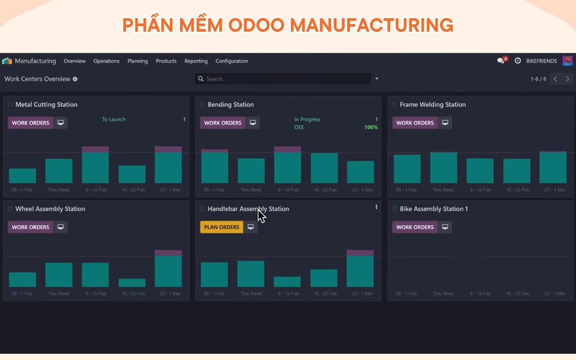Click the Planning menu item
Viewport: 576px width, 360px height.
(x=138, y=61)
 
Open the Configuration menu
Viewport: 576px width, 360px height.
(x=232, y=61)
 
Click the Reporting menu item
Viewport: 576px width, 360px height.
(x=196, y=61)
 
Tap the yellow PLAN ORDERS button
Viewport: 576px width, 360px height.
(x=222, y=227)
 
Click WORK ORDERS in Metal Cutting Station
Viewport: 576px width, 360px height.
(x=30, y=123)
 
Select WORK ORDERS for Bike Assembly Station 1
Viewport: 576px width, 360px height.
(x=415, y=227)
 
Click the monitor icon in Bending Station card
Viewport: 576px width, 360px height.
(x=253, y=123)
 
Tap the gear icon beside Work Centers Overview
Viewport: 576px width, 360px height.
(x=75, y=79)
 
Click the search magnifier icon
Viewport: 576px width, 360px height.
(x=201, y=79)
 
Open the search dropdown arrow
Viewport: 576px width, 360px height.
(x=377, y=79)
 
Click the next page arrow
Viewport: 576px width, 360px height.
(x=567, y=79)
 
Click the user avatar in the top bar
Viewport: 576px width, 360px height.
(x=567, y=60)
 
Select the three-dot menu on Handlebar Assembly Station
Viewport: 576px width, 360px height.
(x=376, y=207)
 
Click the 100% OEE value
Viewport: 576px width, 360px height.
(x=371, y=127)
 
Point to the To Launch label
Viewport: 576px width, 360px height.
(x=114, y=120)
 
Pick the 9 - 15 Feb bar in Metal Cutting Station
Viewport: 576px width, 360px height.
(x=96, y=165)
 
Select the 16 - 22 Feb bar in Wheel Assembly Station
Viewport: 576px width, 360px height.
(x=132, y=283)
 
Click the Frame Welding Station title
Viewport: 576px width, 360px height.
(x=433, y=105)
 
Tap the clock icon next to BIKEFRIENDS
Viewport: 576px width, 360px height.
(x=517, y=60)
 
